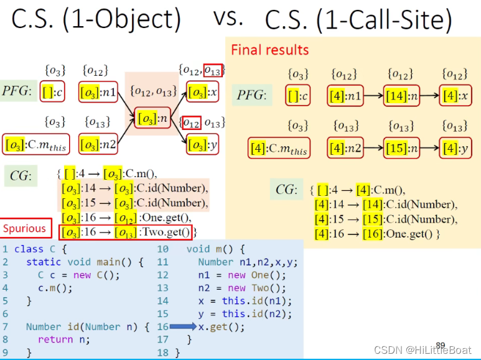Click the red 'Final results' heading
pyautogui.click(x=269, y=50)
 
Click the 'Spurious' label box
pyautogui.click(x=25, y=228)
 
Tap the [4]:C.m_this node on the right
pyautogui.click(x=279, y=149)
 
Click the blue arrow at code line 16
pyautogui.click(x=184, y=326)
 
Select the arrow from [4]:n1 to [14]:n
pyautogui.click(x=373, y=96)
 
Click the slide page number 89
pyautogui.click(x=441, y=344)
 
